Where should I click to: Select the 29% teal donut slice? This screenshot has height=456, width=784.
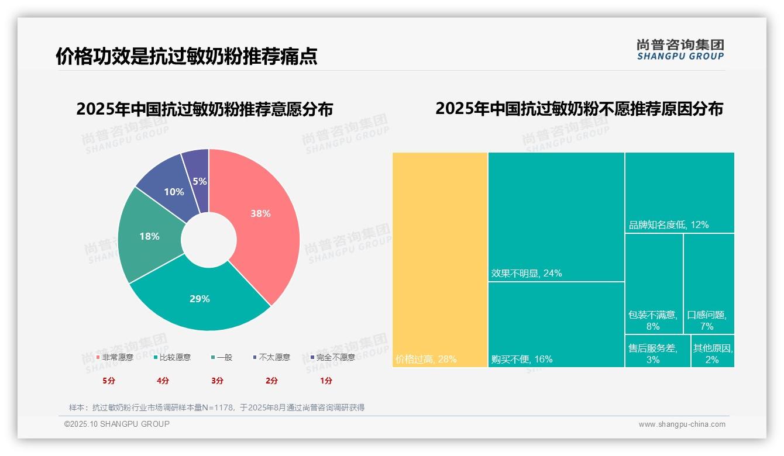[200, 299]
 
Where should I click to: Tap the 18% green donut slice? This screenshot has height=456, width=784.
[149, 237]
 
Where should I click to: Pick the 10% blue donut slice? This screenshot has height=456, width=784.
[174, 192]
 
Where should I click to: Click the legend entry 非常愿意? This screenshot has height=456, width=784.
[115, 357]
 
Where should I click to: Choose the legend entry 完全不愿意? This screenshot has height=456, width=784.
[332, 357]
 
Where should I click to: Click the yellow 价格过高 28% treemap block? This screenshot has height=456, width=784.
[440, 260]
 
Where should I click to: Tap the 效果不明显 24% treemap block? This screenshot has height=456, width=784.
[556, 216]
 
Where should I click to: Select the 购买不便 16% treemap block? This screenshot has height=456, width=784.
[556, 324]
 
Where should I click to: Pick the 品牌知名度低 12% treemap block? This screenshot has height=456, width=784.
[679, 192]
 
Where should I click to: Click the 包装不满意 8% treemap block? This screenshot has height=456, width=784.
[654, 284]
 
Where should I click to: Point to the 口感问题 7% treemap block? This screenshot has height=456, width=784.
[709, 284]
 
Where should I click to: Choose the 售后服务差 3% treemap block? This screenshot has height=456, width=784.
[658, 351]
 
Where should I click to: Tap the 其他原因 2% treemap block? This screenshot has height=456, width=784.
[713, 351]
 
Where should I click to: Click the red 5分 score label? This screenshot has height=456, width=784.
[109, 381]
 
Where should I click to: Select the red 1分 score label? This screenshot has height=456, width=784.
[326, 381]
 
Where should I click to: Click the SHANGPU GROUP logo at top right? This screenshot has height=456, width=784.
[680, 50]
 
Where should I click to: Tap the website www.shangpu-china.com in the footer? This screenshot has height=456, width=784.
[682, 424]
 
